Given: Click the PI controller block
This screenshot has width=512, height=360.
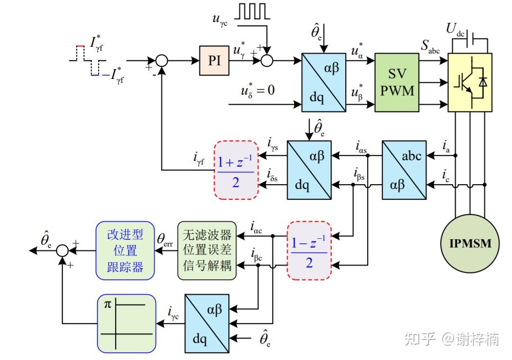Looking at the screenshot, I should coord(215,60).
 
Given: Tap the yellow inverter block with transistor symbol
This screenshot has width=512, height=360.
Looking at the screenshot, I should coord(470,82).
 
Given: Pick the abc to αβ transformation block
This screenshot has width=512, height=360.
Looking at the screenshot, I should coord(404,170).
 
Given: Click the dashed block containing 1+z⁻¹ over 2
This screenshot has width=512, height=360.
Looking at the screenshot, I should coord(236,170).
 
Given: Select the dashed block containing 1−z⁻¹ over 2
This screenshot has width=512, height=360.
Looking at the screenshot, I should coord(309,250).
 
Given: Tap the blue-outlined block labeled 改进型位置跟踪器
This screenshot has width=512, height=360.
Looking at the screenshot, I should coord(125,250).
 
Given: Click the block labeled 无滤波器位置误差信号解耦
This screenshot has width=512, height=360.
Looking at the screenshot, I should coord(207,250).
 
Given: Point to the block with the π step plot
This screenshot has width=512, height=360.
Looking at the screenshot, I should coord(126,323).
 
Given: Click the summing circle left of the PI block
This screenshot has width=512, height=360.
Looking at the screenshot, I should coord(161,60).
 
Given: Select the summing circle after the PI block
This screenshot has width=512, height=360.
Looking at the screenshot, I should coord(267,60).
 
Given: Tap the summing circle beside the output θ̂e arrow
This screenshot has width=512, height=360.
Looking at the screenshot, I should coord(62,250).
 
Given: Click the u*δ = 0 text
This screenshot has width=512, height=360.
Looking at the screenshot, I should coord(257,91).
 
